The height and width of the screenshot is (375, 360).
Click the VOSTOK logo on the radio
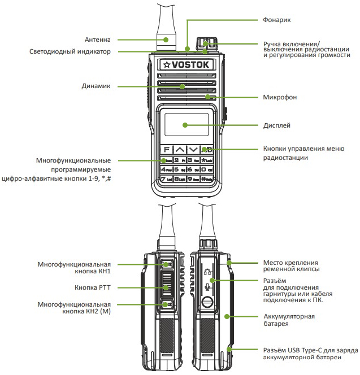pyautogui.click(x=186, y=64)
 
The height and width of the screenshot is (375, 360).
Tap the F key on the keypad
pyautogui.click(x=166, y=150)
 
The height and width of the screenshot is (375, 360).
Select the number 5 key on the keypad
pyautogui.click(x=175, y=169)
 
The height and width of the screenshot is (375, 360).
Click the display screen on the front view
pyautogui.click(x=186, y=125)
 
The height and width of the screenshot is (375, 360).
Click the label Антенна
pyautogui.click(x=99, y=40)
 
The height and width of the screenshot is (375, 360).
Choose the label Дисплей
pyautogui.click(x=277, y=125)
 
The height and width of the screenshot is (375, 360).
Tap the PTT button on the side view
pyautogui.click(x=165, y=285)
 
